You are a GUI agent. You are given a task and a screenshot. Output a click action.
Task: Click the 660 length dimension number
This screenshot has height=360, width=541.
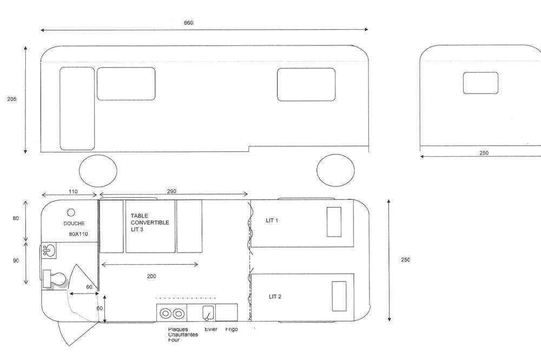click(188, 23)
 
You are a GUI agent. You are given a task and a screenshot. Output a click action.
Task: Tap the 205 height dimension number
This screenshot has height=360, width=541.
click(12, 99)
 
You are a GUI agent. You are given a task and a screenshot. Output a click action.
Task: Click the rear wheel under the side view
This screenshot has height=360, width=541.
click(98, 170)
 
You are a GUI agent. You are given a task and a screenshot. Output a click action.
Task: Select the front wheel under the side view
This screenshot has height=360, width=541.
click(335, 170)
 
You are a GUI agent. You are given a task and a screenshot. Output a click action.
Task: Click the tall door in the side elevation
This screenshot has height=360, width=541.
click(77, 108)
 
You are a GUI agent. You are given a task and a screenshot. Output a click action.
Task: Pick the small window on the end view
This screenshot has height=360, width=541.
click(480, 83)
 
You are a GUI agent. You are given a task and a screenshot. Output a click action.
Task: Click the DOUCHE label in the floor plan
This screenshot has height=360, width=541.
click(74, 223)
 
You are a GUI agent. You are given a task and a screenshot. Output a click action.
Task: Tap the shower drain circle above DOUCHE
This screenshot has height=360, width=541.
click(71, 212)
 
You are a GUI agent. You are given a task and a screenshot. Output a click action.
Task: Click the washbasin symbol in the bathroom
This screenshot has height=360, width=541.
click(49, 250)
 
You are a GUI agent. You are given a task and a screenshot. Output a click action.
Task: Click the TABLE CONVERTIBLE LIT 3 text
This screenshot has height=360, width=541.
click(150, 223)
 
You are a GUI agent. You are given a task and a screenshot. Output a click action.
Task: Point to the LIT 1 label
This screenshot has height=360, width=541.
click(272, 221)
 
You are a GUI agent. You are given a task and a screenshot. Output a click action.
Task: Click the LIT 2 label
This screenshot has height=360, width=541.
click(275, 297)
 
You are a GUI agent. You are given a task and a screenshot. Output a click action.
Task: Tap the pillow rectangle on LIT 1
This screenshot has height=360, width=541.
click(334, 222)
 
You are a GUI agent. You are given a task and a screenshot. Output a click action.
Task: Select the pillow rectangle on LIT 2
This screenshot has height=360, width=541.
click(339, 296)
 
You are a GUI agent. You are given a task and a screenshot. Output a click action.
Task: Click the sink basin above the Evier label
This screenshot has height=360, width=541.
click(208, 312)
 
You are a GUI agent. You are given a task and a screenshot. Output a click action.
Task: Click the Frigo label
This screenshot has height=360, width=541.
click(231, 329)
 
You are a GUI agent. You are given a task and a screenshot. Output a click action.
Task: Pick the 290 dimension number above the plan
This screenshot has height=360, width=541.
click(171, 191)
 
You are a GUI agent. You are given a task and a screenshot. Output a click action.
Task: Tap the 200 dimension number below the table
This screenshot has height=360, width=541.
click(151, 276)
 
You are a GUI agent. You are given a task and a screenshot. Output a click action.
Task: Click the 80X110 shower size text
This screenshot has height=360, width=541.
click(78, 234)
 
